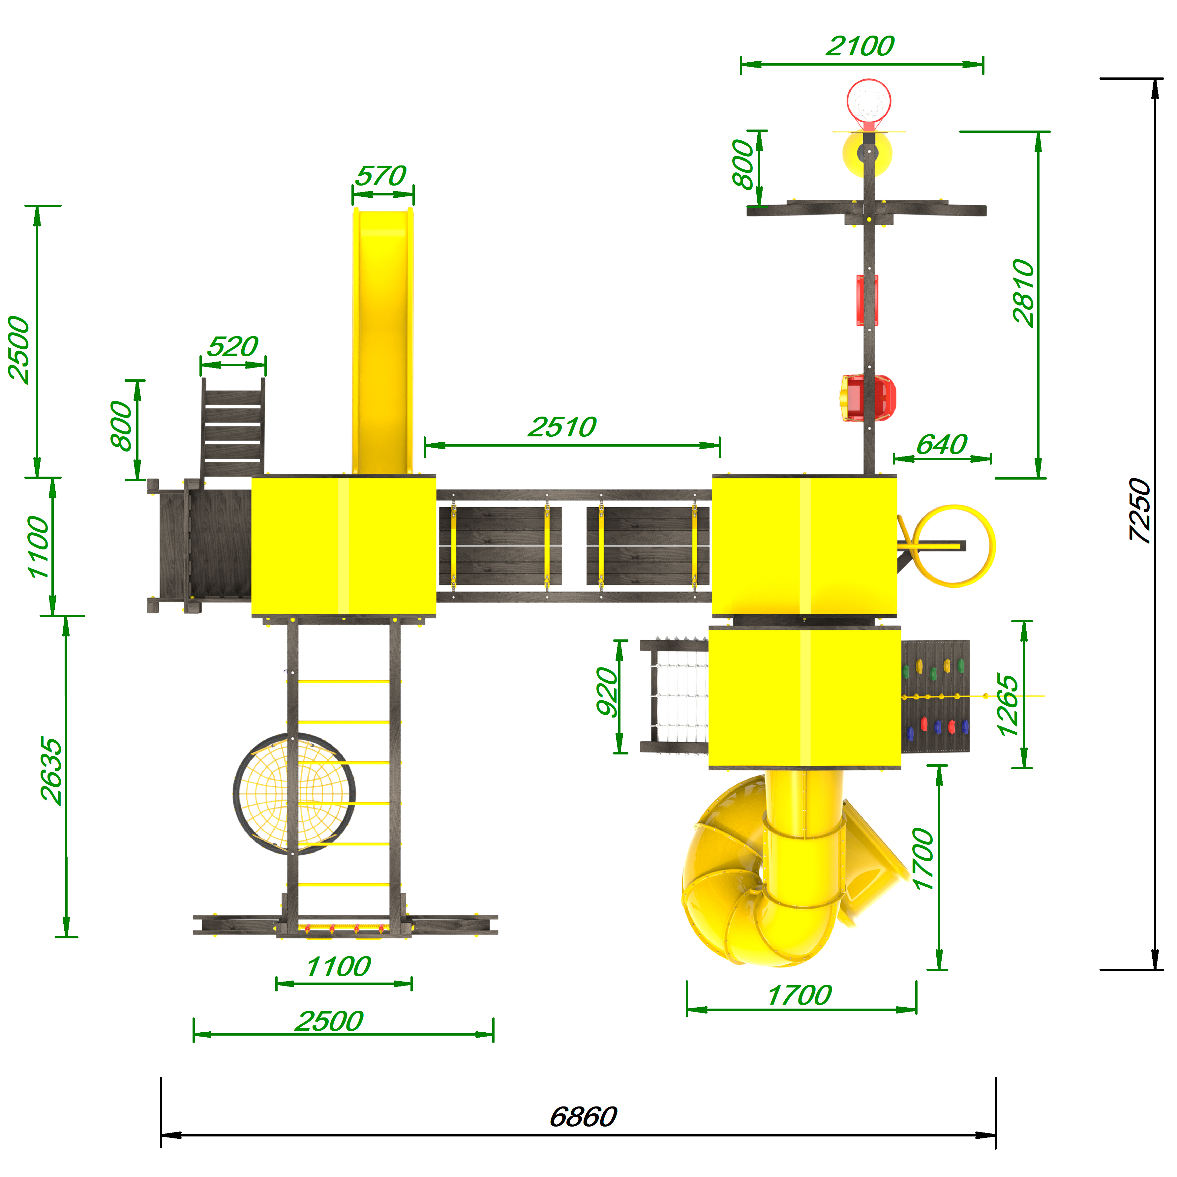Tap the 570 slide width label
[x=380, y=176]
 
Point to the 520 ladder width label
[x=233, y=347]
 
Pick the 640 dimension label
[x=942, y=445]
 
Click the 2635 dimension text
[x=51, y=771]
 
